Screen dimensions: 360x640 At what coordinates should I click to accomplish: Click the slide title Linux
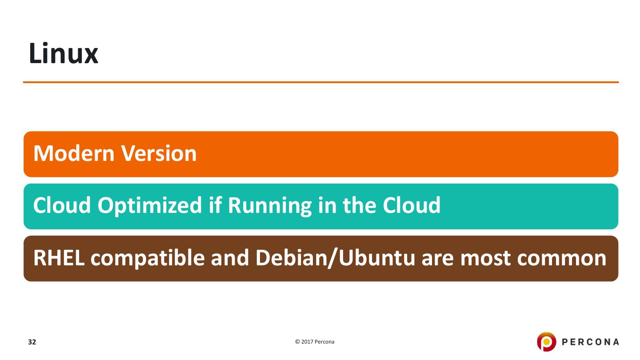coord(63,54)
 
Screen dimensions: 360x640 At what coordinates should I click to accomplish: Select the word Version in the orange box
coord(160,154)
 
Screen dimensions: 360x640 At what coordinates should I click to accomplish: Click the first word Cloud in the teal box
coord(62,206)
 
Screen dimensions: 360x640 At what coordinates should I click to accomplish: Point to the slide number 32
coord(32,342)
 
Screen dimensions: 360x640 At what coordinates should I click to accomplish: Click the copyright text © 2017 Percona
coord(315,342)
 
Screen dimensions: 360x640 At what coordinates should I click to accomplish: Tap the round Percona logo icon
coord(546,342)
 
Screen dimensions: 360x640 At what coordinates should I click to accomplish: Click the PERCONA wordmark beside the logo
coord(590,342)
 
